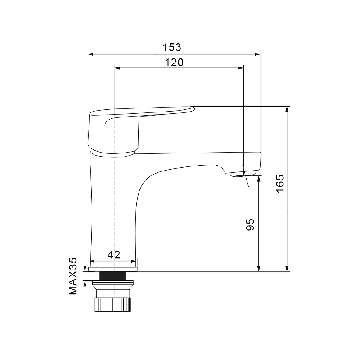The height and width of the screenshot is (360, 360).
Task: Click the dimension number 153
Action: click(x=172, y=47)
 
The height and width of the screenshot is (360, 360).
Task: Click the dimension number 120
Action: click(x=174, y=63)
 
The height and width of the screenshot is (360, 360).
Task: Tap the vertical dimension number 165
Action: click(x=280, y=184)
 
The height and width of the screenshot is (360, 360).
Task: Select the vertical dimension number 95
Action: click(x=250, y=225)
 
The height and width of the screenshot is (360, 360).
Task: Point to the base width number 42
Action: click(x=114, y=255)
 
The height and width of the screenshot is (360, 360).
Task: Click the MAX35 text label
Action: click(x=73, y=276)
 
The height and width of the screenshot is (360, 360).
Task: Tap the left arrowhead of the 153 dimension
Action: click(x=90, y=54)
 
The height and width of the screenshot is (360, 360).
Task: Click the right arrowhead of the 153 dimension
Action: click(x=258, y=54)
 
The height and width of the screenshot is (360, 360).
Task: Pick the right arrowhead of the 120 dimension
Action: click(x=241, y=68)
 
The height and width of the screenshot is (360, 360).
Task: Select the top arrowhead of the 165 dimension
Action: click(x=287, y=109)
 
